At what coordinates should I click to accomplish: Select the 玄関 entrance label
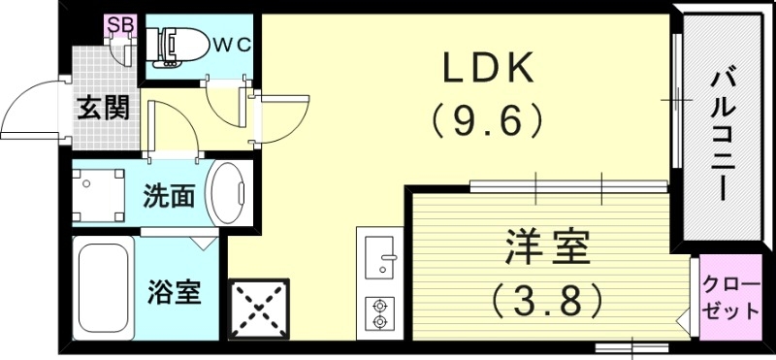pyautogui.click(x=103, y=109)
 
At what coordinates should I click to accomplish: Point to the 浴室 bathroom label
pyautogui.click(x=175, y=291)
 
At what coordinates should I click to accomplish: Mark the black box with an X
pyautogui.click(x=257, y=308)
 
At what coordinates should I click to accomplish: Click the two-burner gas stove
pyautogui.click(x=378, y=312)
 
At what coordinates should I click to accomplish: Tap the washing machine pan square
pyautogui.click(x=102, y=195)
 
